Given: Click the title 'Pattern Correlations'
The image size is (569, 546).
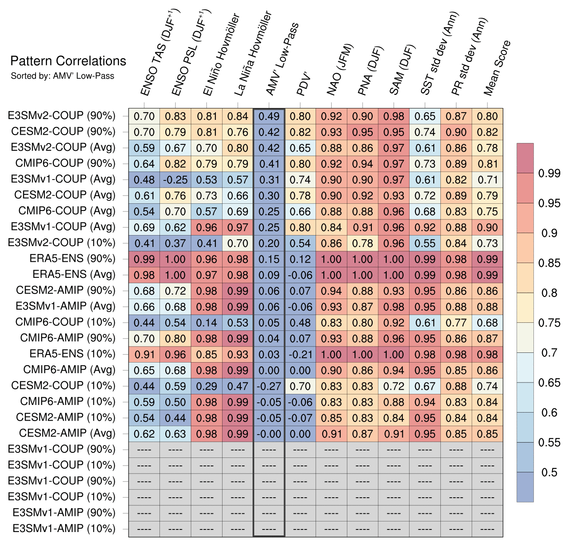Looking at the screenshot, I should [68, 61].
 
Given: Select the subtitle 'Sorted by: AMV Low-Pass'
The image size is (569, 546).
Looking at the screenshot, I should [63, 76].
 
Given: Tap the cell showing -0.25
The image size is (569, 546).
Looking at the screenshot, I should [176, 180].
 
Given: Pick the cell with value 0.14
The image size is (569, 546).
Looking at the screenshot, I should [207, 323].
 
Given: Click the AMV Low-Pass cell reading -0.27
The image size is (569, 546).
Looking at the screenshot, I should [269, 386].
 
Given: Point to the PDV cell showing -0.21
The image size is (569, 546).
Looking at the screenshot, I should [300, 355].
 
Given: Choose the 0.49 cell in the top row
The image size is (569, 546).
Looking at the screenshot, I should [269, 116].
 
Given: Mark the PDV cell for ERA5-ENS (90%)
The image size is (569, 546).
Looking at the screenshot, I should [300, 259].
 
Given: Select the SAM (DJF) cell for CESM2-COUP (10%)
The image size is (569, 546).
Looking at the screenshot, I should [394, 386].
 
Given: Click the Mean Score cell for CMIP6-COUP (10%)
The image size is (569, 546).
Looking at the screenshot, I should [487, 323].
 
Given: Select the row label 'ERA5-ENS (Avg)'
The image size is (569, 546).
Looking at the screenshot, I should [74, 274].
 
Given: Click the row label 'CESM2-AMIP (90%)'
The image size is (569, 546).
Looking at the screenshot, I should [66, 291].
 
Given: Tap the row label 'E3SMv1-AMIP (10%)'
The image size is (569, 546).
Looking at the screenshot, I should [64, 529].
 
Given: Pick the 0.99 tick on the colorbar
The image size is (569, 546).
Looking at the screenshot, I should [549, 173].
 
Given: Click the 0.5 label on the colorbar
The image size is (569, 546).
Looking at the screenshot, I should [549, 472].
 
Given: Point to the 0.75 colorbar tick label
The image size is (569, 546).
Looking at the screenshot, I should [549, 323].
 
